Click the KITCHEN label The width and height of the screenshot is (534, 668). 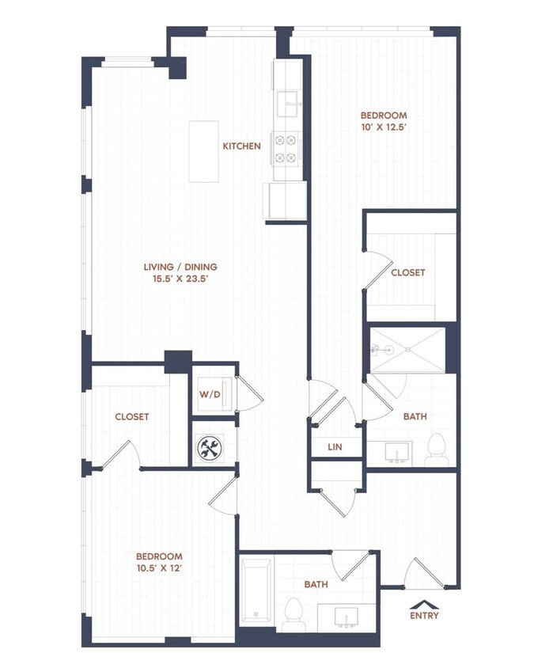[x=241, y=146]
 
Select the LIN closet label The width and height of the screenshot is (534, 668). [x=335, y=447]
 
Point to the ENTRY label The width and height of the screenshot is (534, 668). [x=424, y=615]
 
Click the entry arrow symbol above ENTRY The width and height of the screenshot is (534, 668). [x=424, y=602]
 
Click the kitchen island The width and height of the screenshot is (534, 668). [x=203, y=151]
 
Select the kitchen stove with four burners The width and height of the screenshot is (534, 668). [x=287, y=148]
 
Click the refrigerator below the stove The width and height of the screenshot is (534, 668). [x=286, y=200]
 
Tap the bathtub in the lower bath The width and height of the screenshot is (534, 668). [x=256, y=592]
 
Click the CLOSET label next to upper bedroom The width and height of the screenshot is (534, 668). [x=407, y=272]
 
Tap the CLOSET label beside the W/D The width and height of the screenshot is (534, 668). [x=131, y=416]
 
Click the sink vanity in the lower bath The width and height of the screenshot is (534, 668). [x=347, y=616]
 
